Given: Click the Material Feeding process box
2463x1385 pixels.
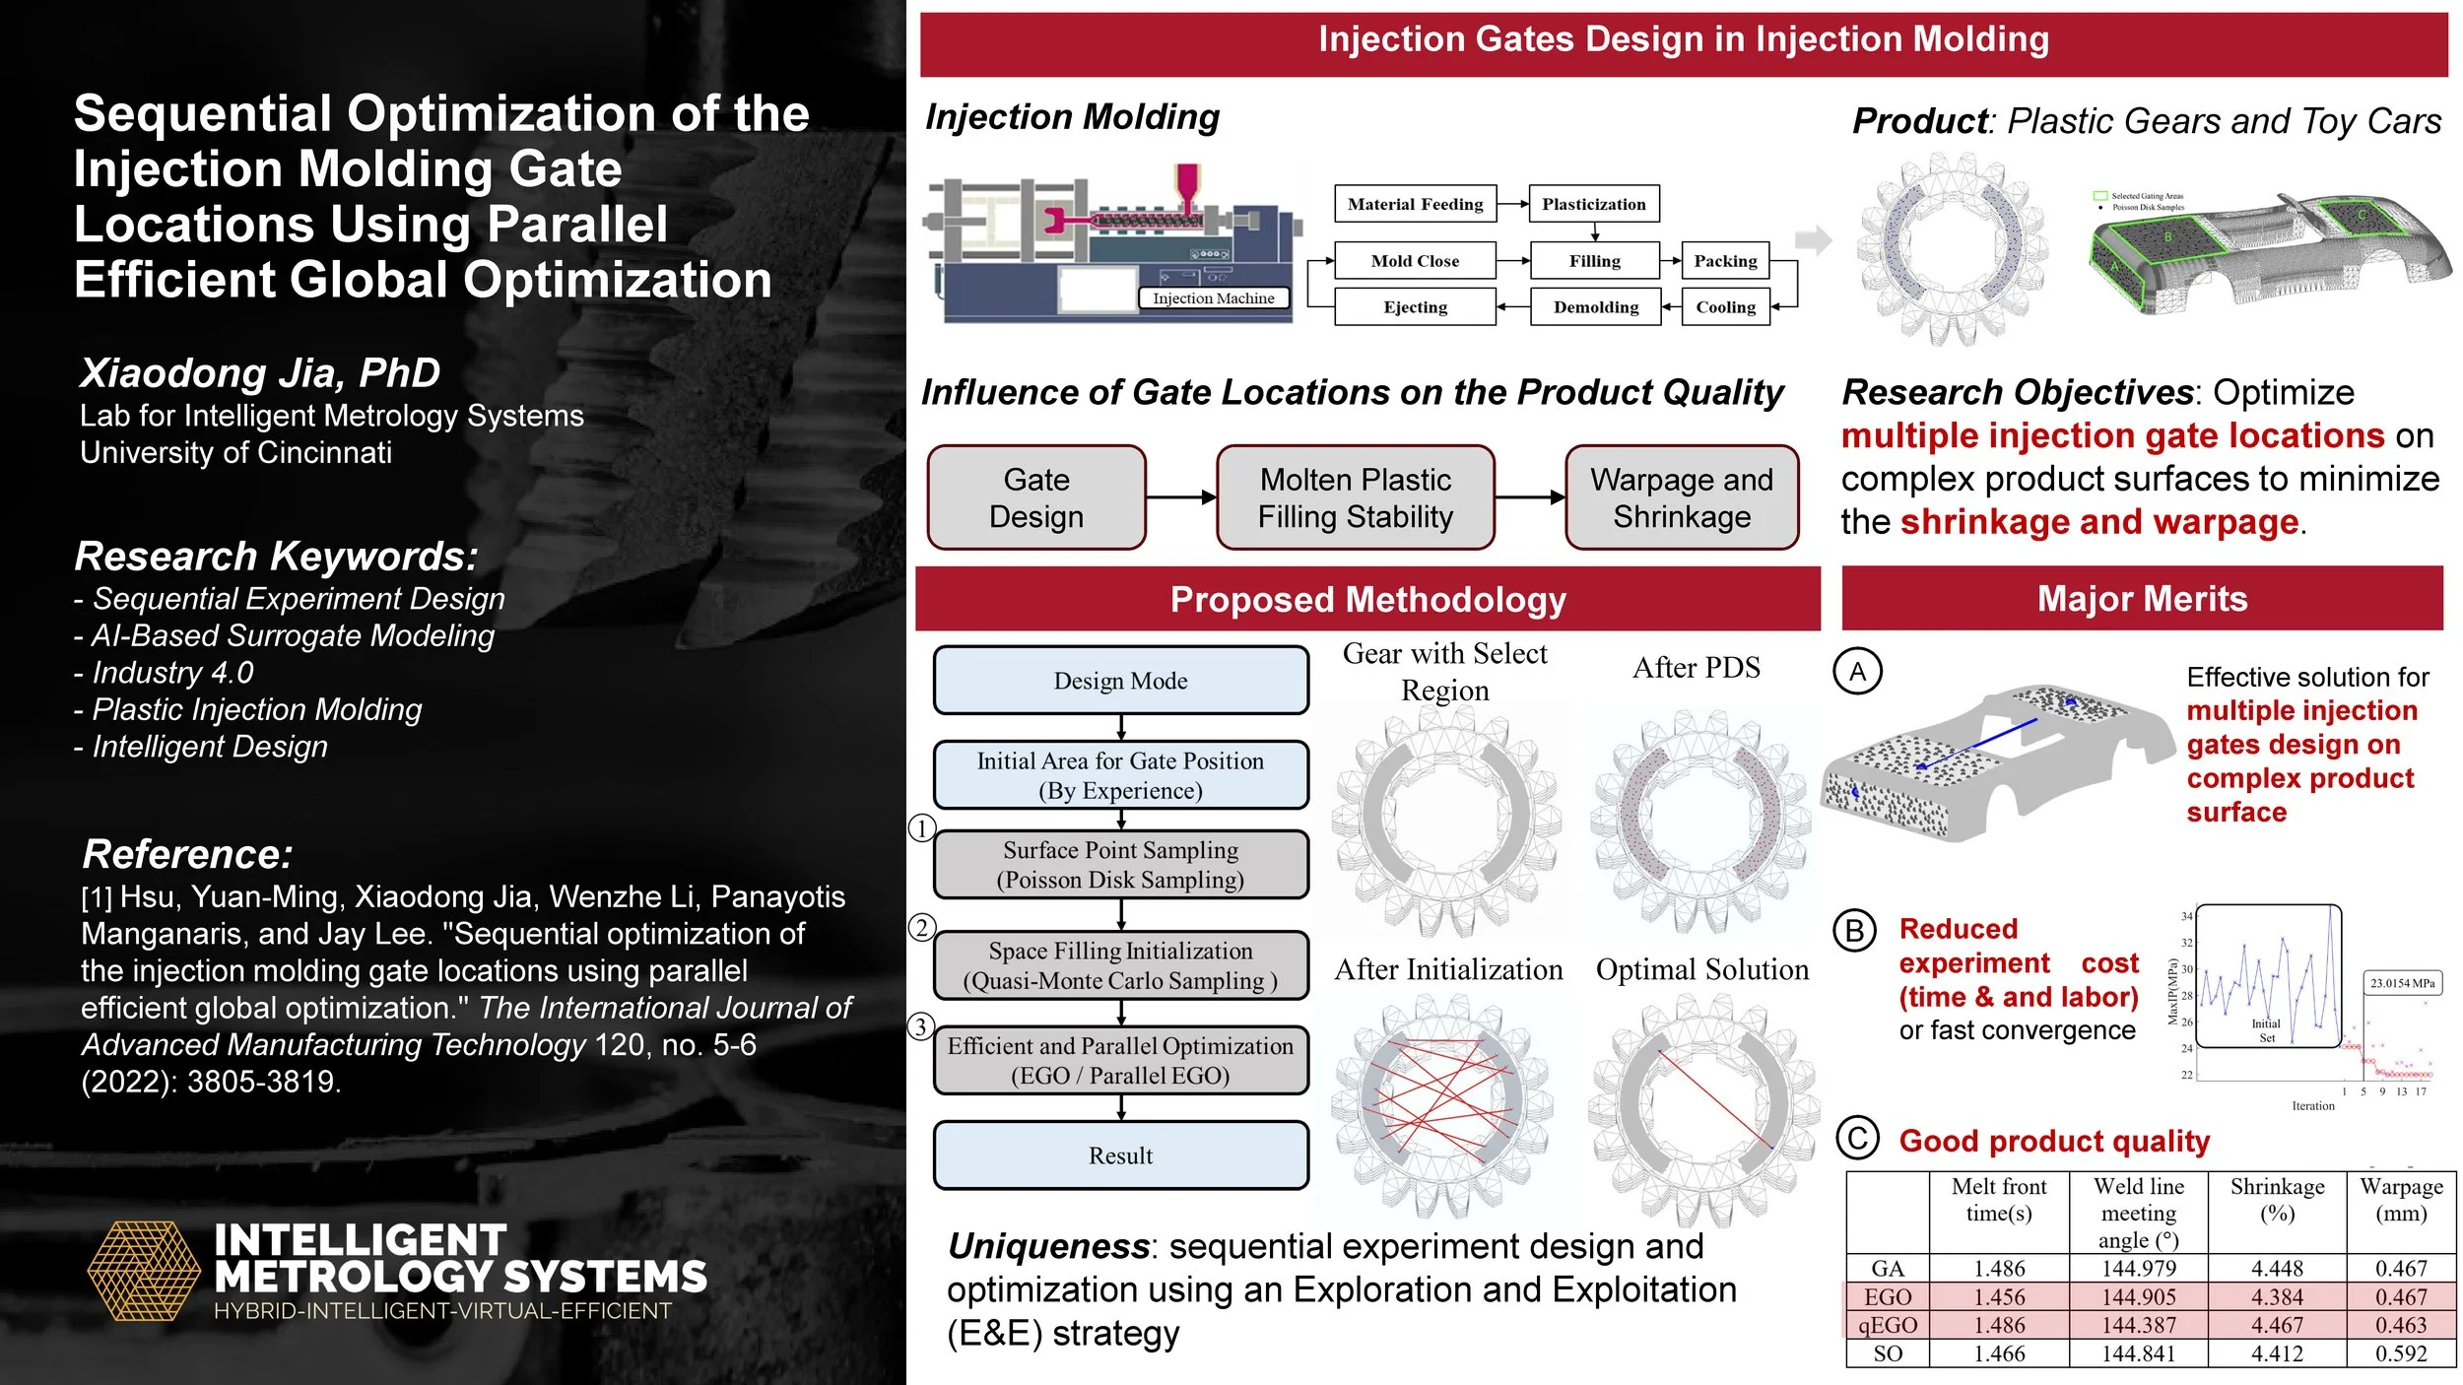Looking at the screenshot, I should [x=1415, y=204].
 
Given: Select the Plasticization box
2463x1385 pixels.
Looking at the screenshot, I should [x=1593, y=204].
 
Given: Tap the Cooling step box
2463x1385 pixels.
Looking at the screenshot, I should [x=1725, y=307].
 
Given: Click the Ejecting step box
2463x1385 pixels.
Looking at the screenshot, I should [x=1415, y=307].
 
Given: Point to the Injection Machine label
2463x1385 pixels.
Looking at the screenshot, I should [x=1213, y=298].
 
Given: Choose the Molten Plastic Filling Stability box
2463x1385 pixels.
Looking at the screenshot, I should [x=1355, y=497].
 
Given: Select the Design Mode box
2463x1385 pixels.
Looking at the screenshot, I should [x=1120, y=681].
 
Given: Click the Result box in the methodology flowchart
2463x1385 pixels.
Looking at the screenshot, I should [x=1120, y=1155].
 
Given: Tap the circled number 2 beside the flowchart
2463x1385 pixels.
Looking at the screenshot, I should [x=921, y=927].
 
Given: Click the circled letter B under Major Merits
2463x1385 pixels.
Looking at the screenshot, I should [x=1854, y=931].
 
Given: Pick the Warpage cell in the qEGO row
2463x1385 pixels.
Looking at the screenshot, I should [x=2400, y=1325].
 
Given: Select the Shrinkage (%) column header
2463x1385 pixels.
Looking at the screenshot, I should [x=2277, y=1200].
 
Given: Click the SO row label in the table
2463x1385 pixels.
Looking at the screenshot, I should [x=1888, y=1353].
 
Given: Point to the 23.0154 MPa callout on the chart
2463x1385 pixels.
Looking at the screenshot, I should [x=2402, y=983].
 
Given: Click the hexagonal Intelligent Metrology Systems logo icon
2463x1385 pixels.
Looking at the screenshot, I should [x=144, y=1271].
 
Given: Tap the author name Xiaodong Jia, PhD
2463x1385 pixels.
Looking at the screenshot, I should [x=260, y=373].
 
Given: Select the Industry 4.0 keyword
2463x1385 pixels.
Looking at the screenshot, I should [x=172, y=673].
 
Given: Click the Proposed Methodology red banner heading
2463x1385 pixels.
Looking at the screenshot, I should [x=1367, y=600].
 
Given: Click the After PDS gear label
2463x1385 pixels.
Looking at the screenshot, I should [x=1696, y=668].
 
